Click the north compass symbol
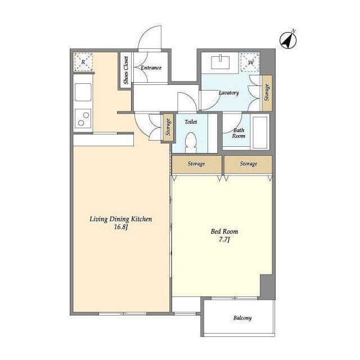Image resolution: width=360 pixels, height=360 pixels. click(x=288, y=40)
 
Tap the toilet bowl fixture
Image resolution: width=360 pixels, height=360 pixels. click(x=191, y=143)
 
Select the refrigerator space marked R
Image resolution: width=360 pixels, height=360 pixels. click(x=83, y=62)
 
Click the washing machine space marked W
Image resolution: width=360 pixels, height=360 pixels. click(x=250, y=62)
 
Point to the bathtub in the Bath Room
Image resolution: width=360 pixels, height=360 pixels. click(x=260, y=132)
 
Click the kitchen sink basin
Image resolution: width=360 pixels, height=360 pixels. click(x=83, y=92)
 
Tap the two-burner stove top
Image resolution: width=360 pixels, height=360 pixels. click(x=83, y=119)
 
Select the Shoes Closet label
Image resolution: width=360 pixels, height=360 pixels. click(x=126, y=70)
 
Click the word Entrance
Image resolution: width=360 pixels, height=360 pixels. click(x=151, y=67)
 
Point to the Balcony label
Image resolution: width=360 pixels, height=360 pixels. click(x=242, y=318)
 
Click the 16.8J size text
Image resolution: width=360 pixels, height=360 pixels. click(x=121, y=227)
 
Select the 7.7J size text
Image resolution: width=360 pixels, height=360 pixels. click(x=224, y=240)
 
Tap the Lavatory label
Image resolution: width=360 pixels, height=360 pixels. click(x=229, y=93)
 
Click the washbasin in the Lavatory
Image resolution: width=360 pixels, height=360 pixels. click(x=220, y=62)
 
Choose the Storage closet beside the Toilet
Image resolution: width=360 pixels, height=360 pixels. click(x=168, y=127)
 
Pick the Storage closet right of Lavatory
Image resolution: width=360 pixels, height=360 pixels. click(x=267, y=92)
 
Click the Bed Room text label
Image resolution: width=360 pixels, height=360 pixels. click(x=224, y=231)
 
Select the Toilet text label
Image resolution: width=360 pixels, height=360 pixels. click(x=191, y=122)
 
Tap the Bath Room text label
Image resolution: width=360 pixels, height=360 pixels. click(x=238, y=133)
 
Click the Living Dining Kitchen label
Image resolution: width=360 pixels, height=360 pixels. click(x=121, y=219)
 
